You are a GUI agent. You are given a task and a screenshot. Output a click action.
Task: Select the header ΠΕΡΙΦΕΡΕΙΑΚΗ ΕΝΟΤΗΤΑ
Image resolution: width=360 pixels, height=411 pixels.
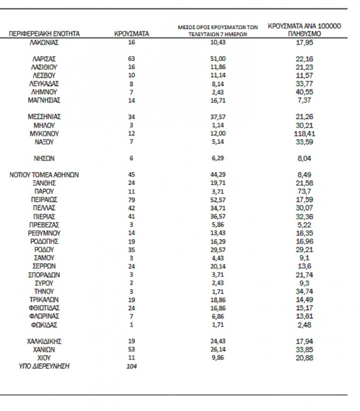[44, 34]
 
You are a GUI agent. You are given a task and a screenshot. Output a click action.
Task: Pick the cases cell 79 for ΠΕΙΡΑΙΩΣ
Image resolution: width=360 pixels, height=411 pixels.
[131, 199]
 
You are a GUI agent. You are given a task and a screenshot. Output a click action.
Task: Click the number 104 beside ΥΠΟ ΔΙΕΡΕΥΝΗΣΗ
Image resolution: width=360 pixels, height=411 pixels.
[131, 366]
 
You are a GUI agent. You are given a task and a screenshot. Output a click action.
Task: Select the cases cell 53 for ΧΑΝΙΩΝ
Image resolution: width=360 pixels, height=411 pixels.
[131, 349]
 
